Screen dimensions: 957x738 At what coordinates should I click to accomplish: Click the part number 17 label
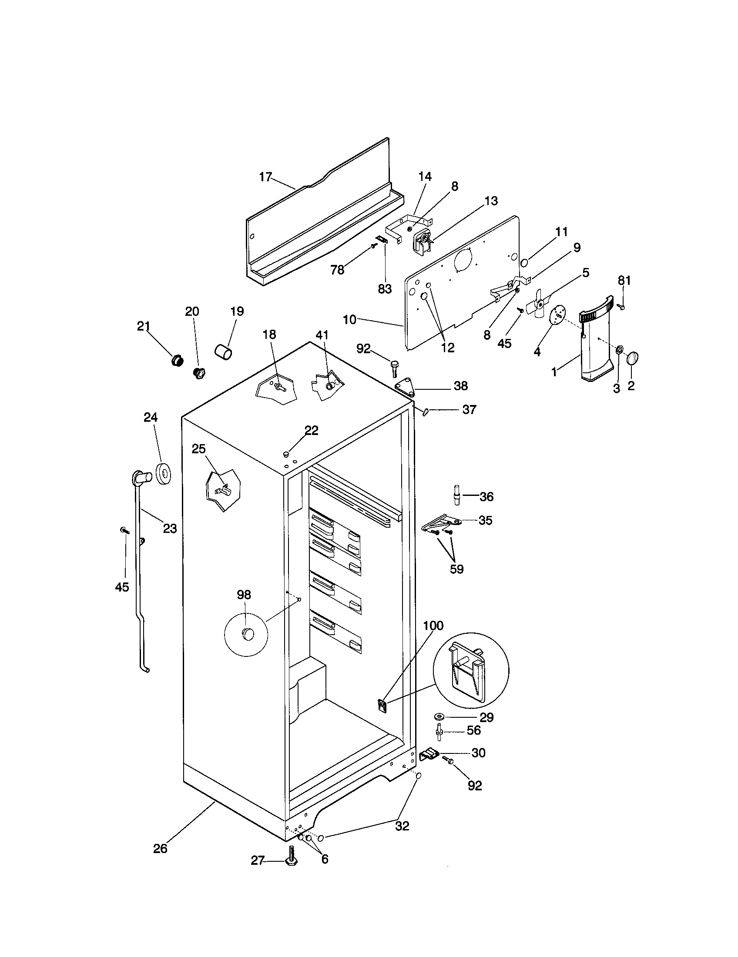pyautogui.click(x=265, y=177)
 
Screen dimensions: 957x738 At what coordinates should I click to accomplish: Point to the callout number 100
pyautogui.click(x=433, y=625)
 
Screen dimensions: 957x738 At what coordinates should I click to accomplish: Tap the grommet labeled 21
pyautogui.click(x=177, y=361)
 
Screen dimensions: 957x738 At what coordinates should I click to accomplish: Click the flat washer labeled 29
pyautogui.click(x=439, y=716)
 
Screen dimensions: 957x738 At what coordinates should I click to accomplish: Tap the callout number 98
pyautogui.click(x=244, y=595)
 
